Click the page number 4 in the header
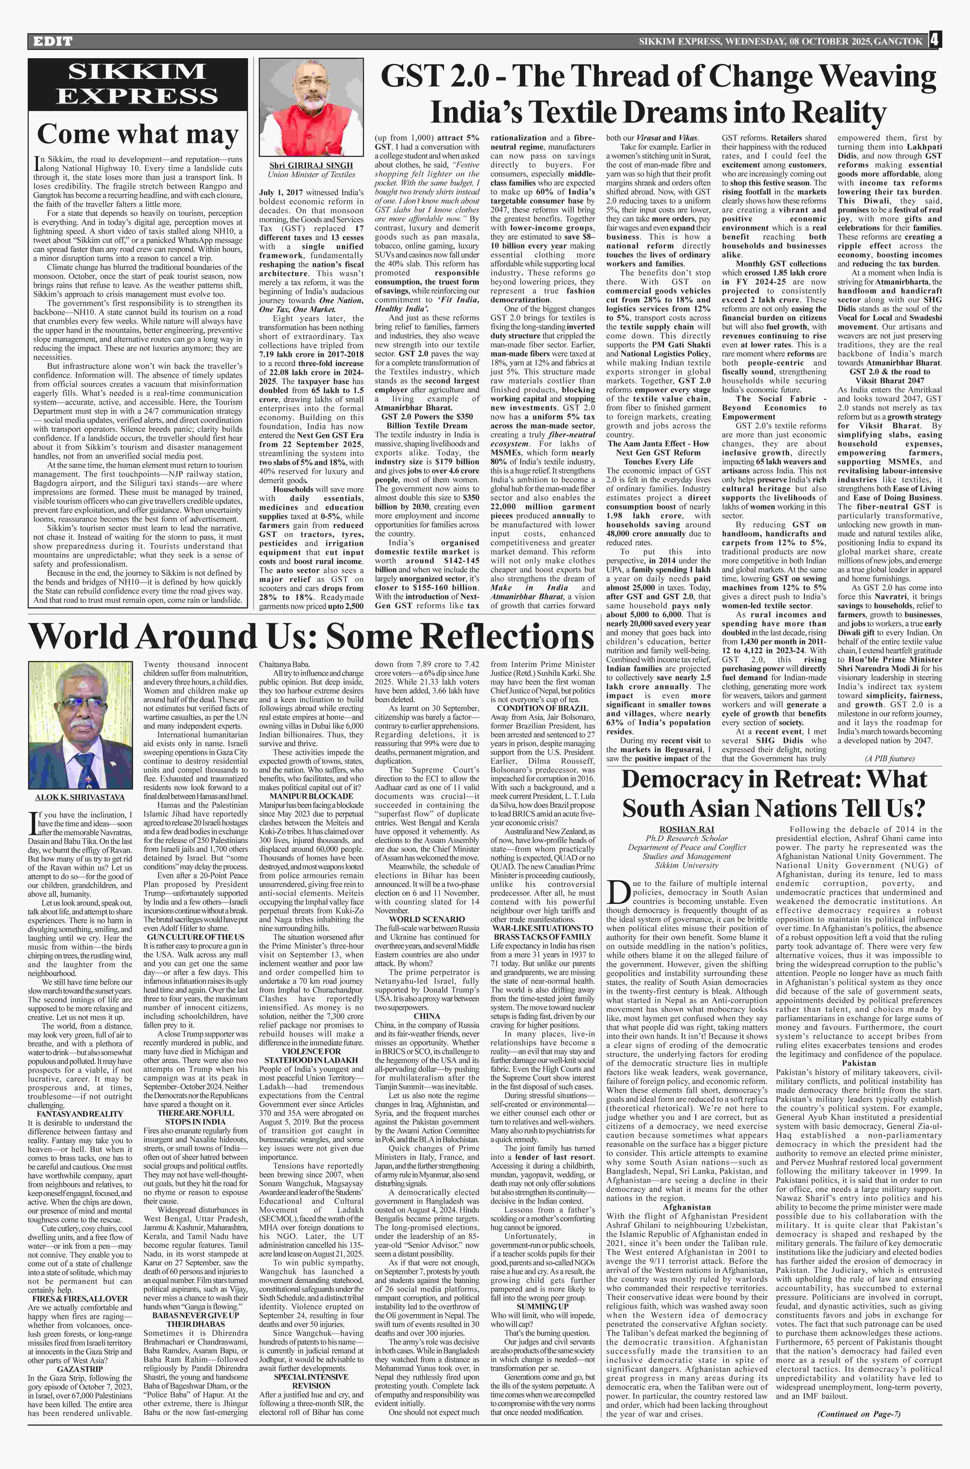click(x=934, y=41)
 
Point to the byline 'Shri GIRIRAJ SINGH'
click(x=311, y=165)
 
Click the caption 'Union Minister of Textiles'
click(x=312, y=174)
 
